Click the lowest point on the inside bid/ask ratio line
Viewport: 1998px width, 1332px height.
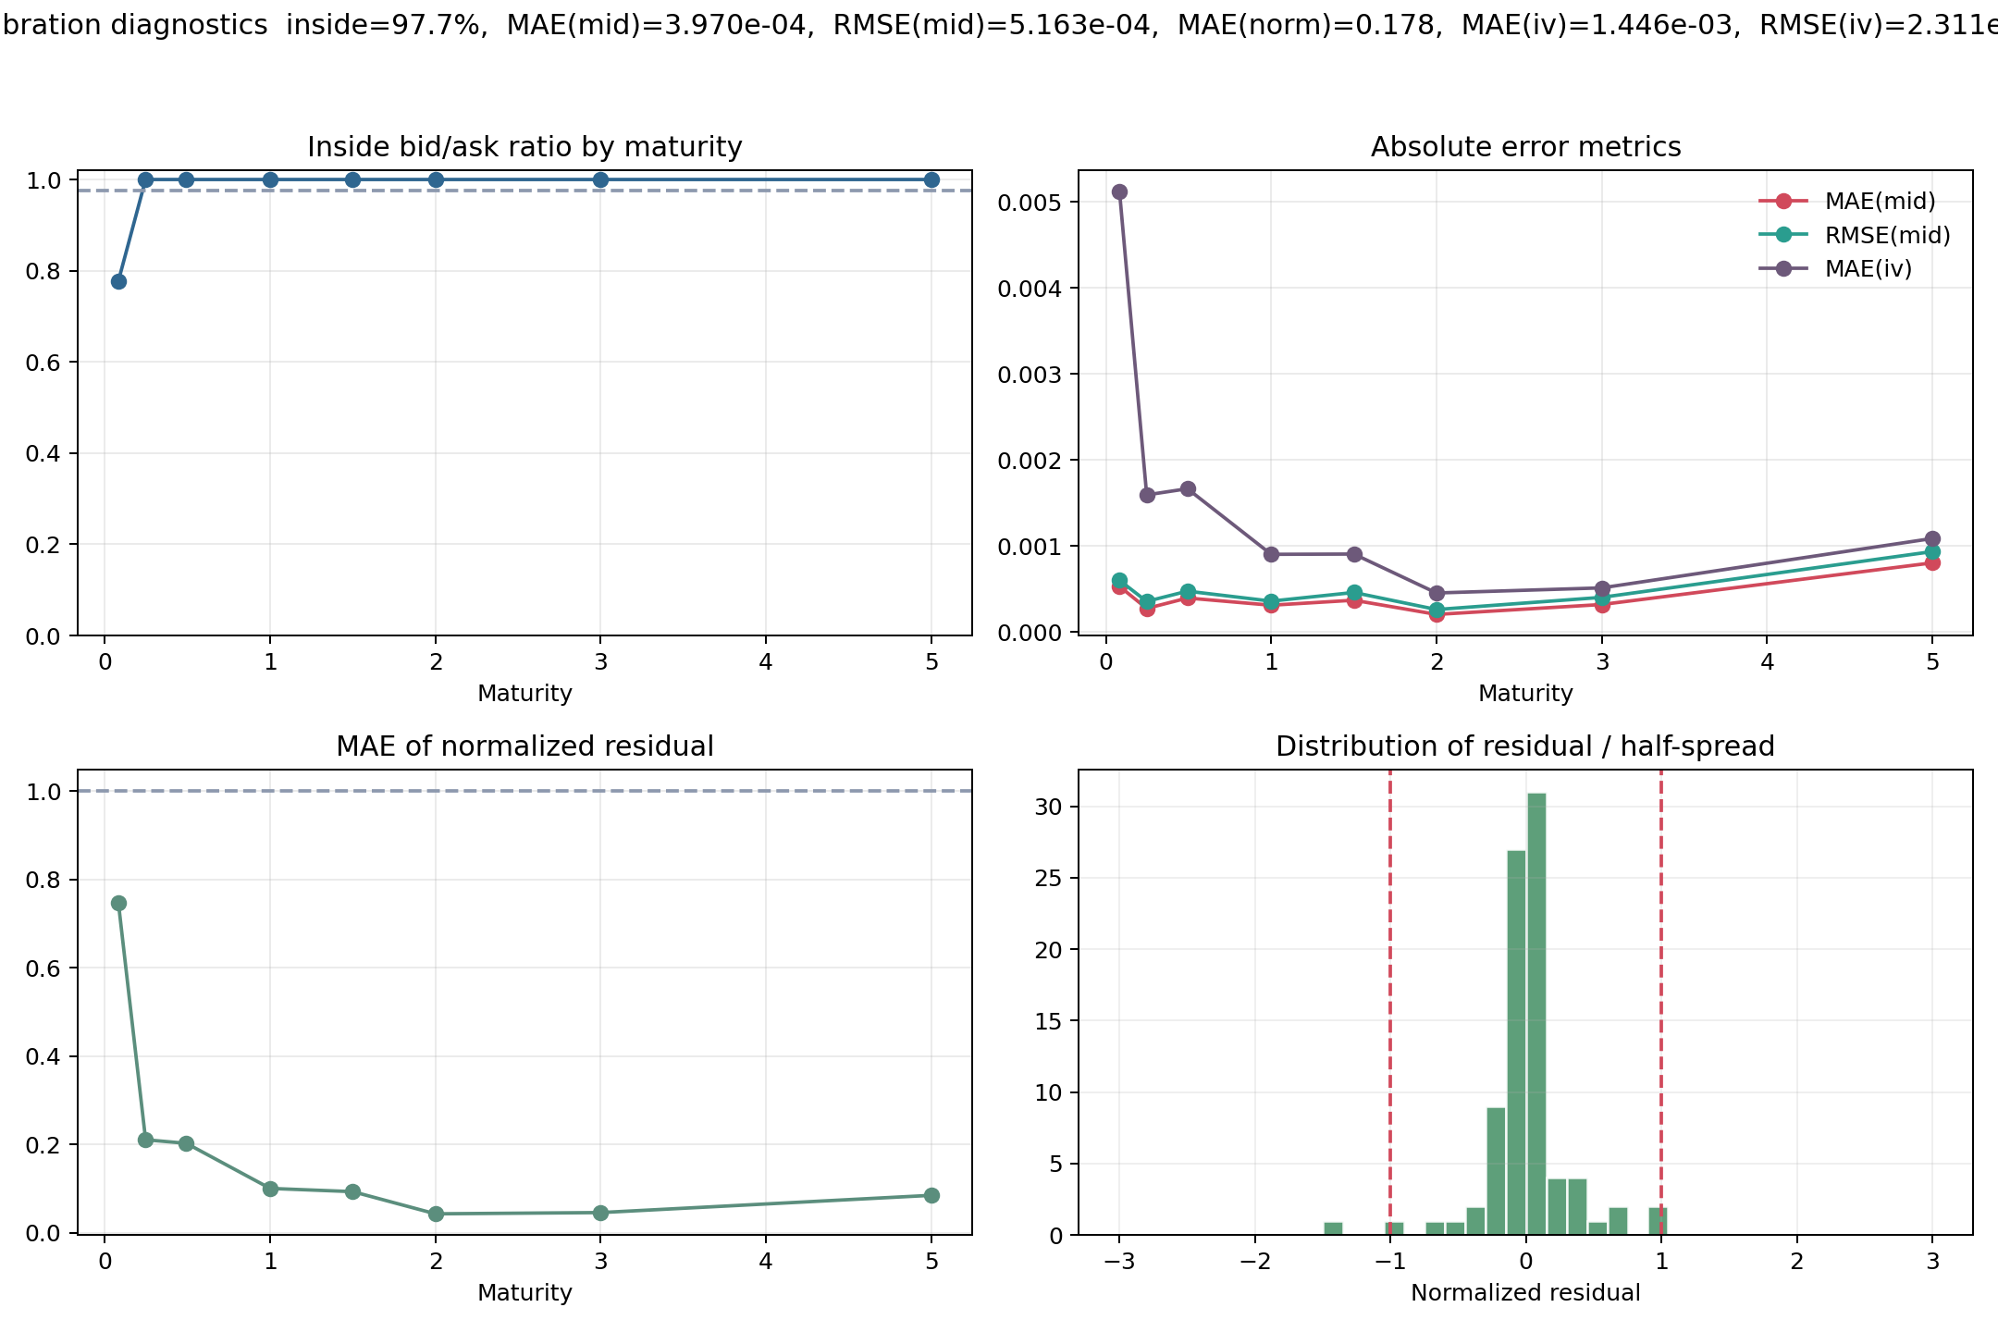(x=118, y=281)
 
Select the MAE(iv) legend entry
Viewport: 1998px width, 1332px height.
(x=1868, y=268)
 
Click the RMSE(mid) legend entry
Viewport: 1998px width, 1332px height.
(x=1887, y=235)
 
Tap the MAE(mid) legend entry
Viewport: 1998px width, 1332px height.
(x=1880, y=201)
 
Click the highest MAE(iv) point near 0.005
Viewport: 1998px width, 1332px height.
(x=1119, y=191)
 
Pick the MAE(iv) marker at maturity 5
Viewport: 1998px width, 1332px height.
(x=1932, y=538)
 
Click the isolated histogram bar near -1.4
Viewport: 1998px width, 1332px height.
(x=1333, y=1228)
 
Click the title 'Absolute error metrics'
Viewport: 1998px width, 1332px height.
(x=1525, y=147)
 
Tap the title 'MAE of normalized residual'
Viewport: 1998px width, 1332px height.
(x=524, y=746)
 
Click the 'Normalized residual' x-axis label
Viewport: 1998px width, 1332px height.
(x=1525, y=1292)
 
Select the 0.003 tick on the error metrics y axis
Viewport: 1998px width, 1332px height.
(x=1025, y=374)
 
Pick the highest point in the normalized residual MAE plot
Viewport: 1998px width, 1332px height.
(x=118, y=903)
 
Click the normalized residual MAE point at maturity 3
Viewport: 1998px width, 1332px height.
(x=600, y=1213)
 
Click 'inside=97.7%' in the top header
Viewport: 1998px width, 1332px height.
(x=387, y=25)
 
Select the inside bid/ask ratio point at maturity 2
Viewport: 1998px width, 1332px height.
(x=436, y=179)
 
